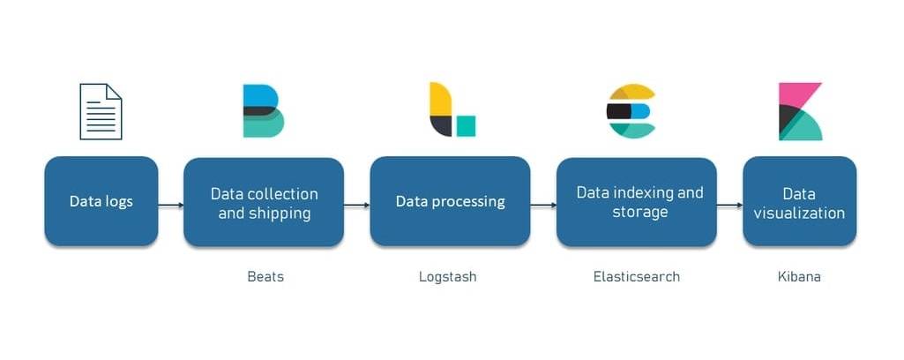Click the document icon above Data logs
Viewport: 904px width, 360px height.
click(101, 111)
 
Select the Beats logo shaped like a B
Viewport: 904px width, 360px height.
click(263, 111)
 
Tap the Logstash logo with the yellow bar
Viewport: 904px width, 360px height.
click(451, 110)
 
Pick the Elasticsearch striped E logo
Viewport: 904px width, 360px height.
click(631, 111)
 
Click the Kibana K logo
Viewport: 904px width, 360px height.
click(800, 111)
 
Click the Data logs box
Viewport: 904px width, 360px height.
click(101, 201)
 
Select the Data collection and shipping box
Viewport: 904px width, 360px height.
click(263, 202)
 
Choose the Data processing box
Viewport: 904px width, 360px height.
click(450, 202)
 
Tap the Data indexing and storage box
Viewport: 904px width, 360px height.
click(636, 202)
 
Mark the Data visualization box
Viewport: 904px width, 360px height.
click(799, 202)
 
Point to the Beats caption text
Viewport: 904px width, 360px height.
click(265, 277)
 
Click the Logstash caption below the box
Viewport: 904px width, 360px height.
click(447, 277)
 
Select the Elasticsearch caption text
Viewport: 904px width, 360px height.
click(636, 277)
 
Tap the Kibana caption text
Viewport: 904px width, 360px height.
click(799, 277)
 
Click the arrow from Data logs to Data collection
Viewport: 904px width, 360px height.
click(171, 206)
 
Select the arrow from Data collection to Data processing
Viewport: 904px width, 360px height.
click(356, 206)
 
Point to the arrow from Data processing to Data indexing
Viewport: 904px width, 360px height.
click(543, 206)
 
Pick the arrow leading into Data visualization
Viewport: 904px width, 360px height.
click(729, 206)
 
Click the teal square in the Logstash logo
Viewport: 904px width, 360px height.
click(466, 126)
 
